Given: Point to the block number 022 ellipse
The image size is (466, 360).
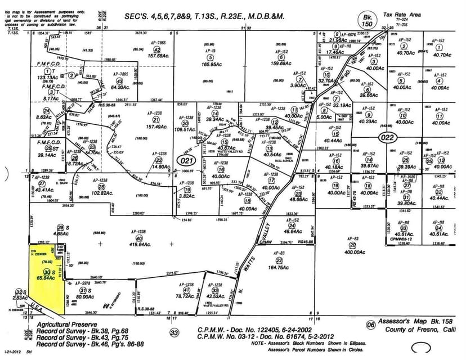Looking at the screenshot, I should pyautogui.click(x=388, y=137).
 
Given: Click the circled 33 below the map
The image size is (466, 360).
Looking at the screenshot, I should pyautogui.click(x=174, y=334).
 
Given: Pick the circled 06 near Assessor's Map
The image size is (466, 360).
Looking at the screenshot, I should pyautogui.click(x=370, y=325).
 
